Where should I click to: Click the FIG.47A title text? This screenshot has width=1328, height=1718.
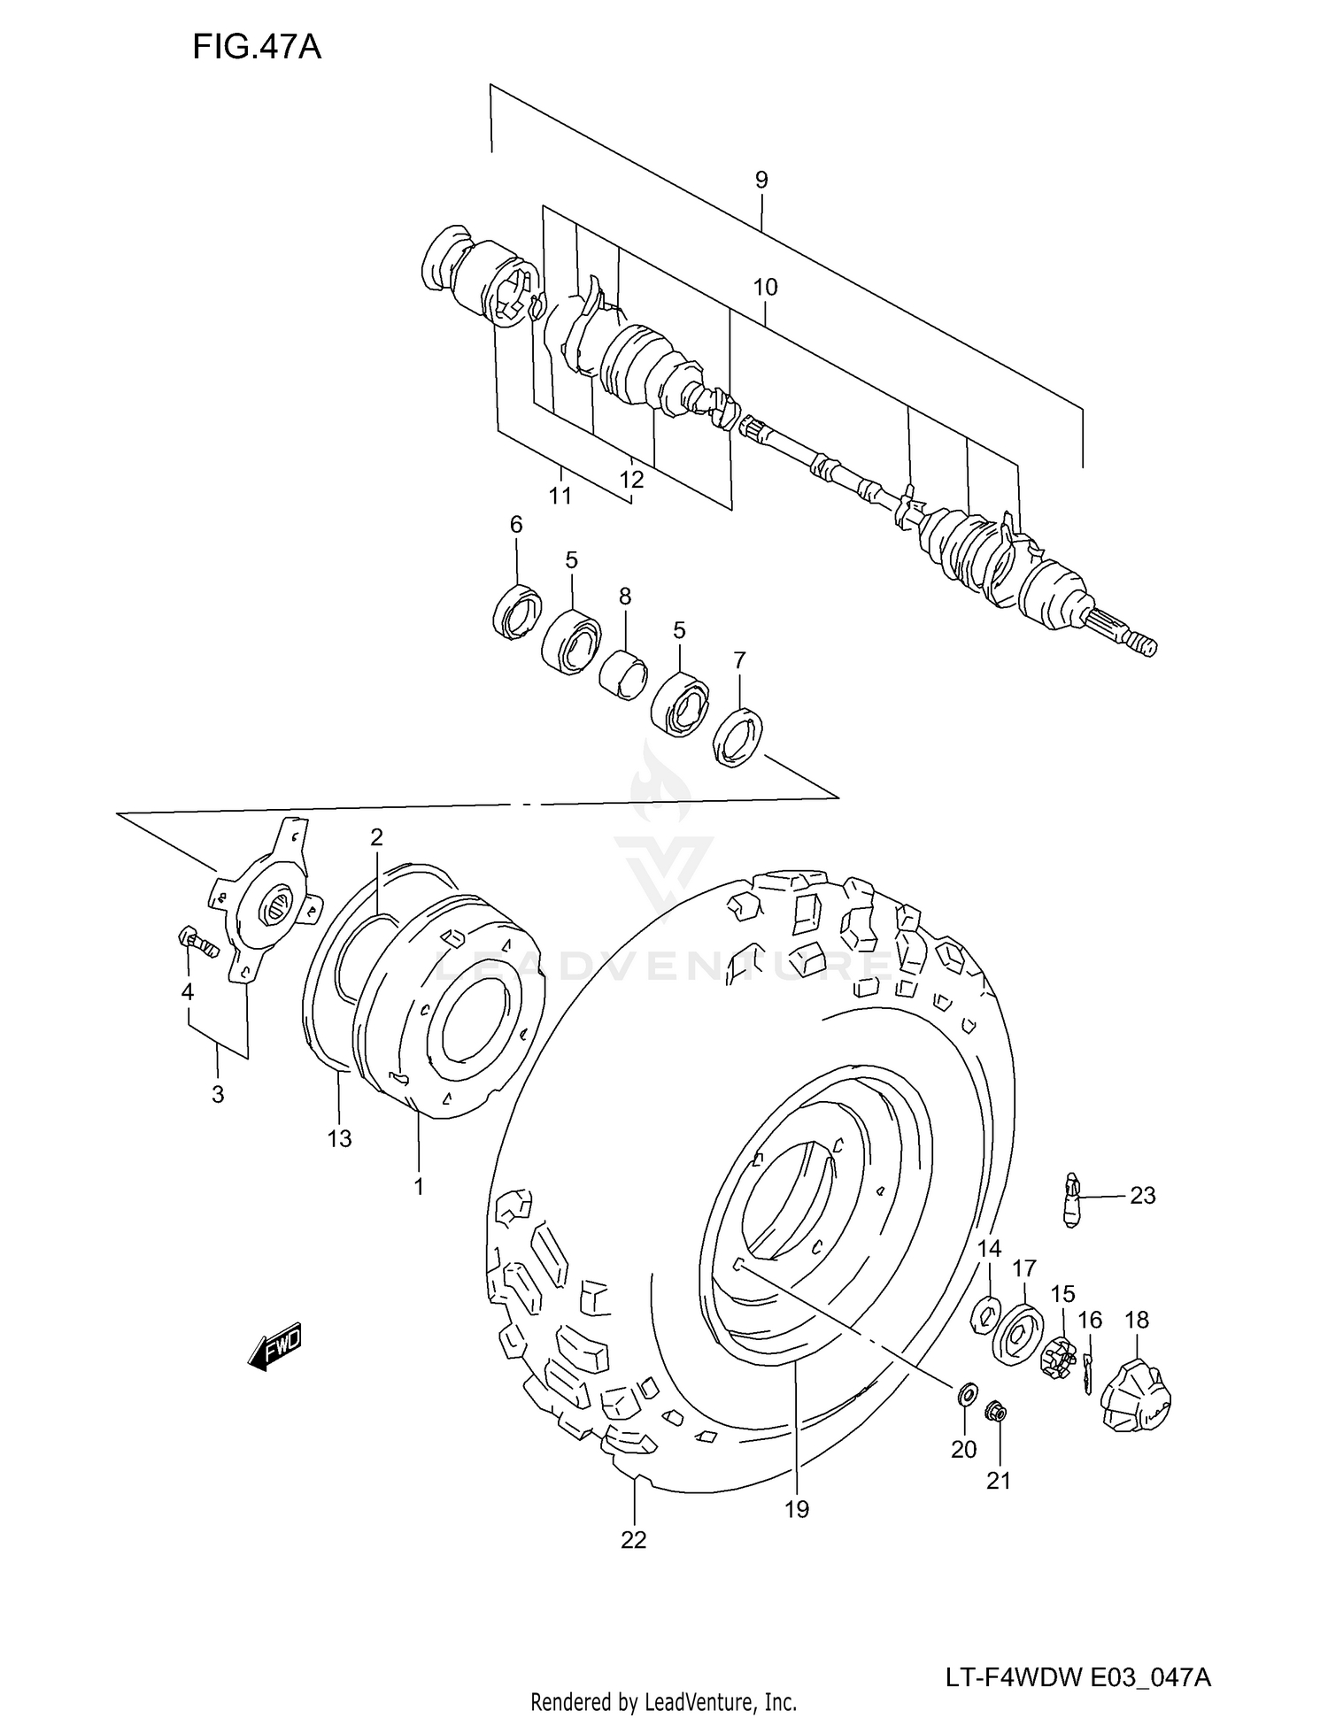pos(256,46)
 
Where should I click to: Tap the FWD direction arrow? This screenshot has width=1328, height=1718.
pos(275,1348)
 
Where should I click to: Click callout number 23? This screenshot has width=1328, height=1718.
pos(1142,1196)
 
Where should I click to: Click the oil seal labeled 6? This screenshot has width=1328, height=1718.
pos(517,611)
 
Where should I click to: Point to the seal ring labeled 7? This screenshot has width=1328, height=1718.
pos(738,736)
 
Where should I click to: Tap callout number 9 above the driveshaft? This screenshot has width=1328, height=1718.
pos(761,180)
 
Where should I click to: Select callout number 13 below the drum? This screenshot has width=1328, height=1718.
pos(340,1138)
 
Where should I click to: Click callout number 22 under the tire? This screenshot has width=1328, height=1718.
pos(634,1540)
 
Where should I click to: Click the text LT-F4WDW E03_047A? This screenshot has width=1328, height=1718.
pos(1077,1677)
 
